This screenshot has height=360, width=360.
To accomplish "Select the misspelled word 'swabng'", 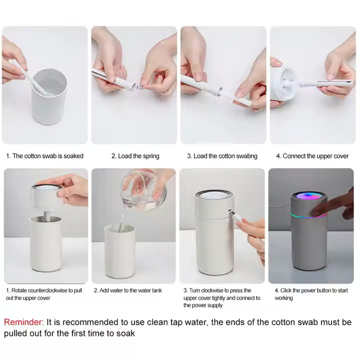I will tap(245, 156).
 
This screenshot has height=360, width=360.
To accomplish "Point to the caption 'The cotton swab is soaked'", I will tap(44, 156).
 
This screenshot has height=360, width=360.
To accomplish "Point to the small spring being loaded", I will tap(142, 87).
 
